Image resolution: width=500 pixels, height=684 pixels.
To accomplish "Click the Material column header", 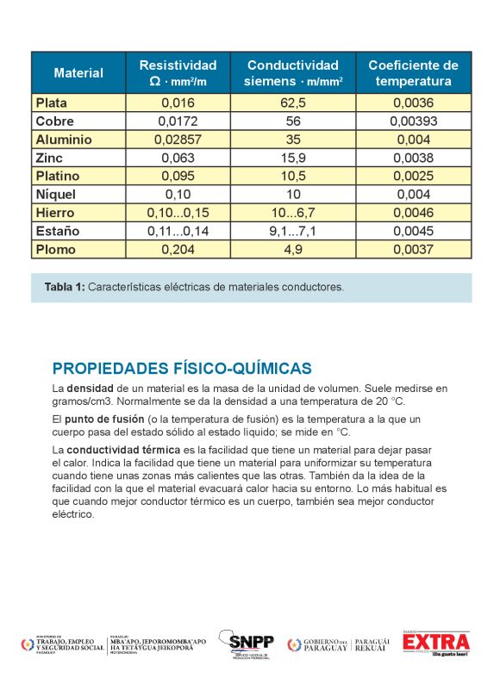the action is tap(78, 73).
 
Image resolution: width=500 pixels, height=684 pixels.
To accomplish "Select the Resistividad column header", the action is tap(178, 73).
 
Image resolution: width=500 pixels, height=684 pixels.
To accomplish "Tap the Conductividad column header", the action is tap(293, 73).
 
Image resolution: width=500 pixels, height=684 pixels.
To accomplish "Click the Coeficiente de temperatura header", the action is tap(413, 73).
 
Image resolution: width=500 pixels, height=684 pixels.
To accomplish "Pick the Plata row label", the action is tap(51, 103).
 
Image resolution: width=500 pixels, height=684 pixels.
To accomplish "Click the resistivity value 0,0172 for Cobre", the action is tap(178, 121).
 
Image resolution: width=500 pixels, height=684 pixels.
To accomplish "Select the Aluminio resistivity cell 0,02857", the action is tap(178, 140).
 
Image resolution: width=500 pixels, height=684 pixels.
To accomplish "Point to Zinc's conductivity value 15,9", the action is tap(293, 158).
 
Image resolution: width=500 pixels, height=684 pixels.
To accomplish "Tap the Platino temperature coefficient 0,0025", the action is tap(414, 176).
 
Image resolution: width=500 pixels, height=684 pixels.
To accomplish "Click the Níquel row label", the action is tap(55, 194).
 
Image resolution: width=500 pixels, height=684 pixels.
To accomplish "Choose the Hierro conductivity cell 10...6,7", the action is tap(293, 213).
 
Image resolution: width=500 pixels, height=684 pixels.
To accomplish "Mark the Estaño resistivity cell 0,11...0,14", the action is tap(178, 231).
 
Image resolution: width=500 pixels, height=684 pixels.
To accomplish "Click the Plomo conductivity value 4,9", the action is tap(293, 250).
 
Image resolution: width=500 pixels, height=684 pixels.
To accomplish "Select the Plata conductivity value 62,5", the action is tap(293, 103).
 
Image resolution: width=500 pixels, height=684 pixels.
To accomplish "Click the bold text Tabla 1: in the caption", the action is tap(65, 288).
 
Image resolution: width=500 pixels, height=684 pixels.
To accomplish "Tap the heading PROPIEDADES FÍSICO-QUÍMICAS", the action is tap(181, 369).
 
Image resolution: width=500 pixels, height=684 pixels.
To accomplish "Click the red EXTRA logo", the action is tap(436, 643).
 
